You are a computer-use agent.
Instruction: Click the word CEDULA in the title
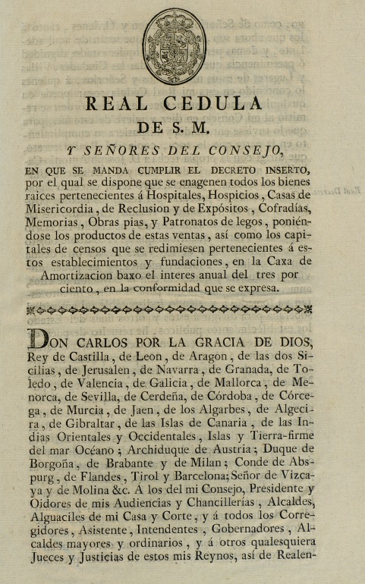[x=219, y=103]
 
